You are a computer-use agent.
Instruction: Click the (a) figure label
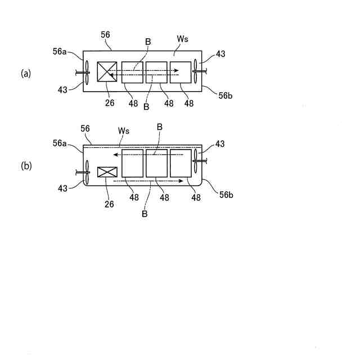[x=25, y=74]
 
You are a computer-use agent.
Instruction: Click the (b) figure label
[x=25, y=166]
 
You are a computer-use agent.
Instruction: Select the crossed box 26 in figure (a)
[x=107, y=73]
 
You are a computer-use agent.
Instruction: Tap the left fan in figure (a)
[x=87, y=71]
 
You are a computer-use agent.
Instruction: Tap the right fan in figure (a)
[x=195, y=71]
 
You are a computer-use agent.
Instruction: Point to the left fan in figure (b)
[x=87, y=172]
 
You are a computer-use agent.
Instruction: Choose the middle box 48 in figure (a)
[x=156, y=73]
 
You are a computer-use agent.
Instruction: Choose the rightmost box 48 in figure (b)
[x=181, y=163]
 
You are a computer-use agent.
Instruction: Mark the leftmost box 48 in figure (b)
[x=132, y=163]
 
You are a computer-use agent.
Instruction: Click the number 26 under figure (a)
[x=109, y=102]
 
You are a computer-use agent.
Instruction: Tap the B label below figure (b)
[x=145, y=214]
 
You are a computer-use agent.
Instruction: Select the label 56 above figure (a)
[x=105, y=34]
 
